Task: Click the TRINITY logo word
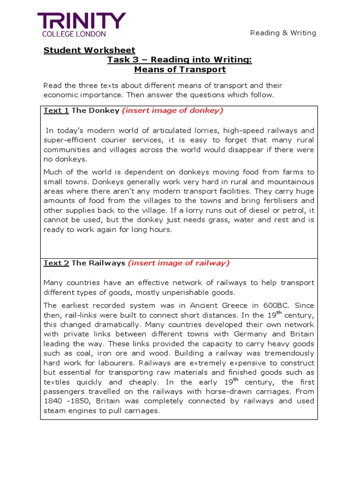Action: pyautogui.click(x=82, y=21)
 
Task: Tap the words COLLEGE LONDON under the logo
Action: pyautogui.click(x=74, y=34)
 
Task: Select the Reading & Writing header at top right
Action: pyautogui.click(x=283, y=33)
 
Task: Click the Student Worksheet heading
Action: pyautogui.click(x=89, y=50)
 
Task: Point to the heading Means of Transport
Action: pyautogui.click(x=180, y=70)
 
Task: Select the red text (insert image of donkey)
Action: pyautogui.click(x=172, y=111)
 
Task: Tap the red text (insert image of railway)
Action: pyautogui.click(x=179, y=263)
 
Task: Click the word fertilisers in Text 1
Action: pyautogui.click(x=273, y=200)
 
